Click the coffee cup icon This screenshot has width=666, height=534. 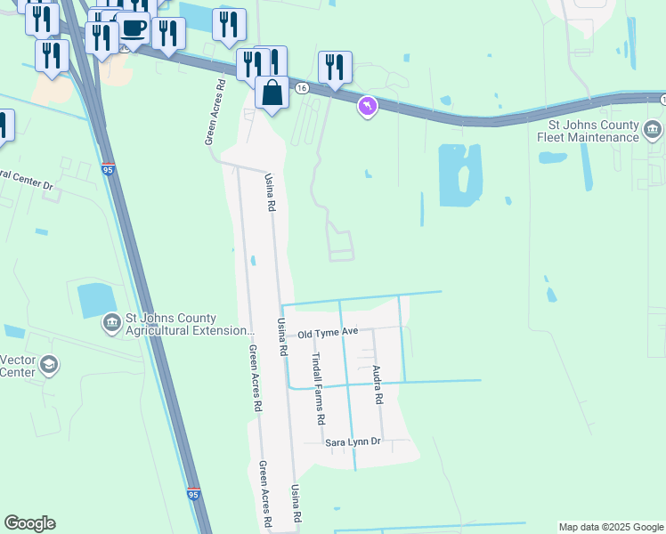point(133,27)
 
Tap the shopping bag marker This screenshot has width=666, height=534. point(272,93)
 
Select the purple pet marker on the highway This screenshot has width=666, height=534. point(367,108)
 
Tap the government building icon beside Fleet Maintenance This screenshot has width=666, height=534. point(653,133)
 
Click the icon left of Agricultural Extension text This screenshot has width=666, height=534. point(111,322)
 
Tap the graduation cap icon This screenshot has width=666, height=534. point(48,364)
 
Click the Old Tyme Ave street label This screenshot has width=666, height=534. point(328,332)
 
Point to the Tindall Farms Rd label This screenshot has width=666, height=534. point(319,388)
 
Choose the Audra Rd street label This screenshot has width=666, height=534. point(378,385)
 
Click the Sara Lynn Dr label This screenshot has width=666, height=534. point(352,441)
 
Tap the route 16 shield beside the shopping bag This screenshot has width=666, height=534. point(303,88)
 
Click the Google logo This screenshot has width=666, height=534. point(29,523)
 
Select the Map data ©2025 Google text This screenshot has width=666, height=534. point(611,527)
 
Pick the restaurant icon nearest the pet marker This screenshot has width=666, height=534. point(335,67)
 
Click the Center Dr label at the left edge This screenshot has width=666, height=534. point(27,174)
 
